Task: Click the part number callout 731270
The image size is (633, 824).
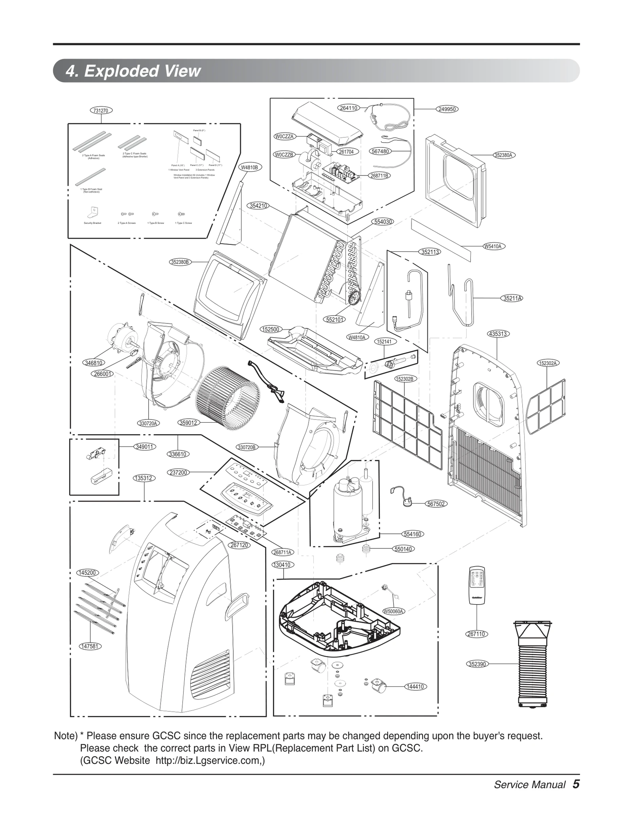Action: [101, 110]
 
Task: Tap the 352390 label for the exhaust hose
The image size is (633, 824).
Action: [477, 664]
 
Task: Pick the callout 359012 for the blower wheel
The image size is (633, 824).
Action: [188, 423]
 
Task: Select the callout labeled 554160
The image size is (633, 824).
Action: [413, 534]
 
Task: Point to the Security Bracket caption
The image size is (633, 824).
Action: [93, 223]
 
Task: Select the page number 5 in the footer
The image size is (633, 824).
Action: [576, 784]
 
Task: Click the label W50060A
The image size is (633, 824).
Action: [393, 611]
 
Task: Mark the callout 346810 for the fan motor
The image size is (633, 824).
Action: [94, 363]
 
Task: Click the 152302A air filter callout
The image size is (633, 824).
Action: [548, 363]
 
